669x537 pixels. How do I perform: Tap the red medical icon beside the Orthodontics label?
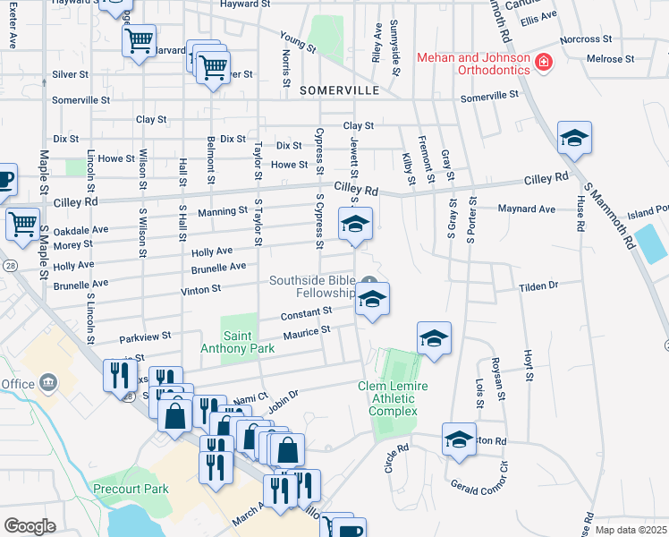pos(543,62)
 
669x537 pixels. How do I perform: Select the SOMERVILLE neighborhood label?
pos(339,90)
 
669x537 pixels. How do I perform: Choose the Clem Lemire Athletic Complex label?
pos(394,398)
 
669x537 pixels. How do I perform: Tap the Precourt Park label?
pos(130,490)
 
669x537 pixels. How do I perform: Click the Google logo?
pos(30,526)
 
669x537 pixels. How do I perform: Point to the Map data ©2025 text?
pos(631,530)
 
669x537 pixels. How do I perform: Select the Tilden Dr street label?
pos(538,286)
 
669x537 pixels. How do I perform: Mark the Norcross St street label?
pos(584,39)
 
